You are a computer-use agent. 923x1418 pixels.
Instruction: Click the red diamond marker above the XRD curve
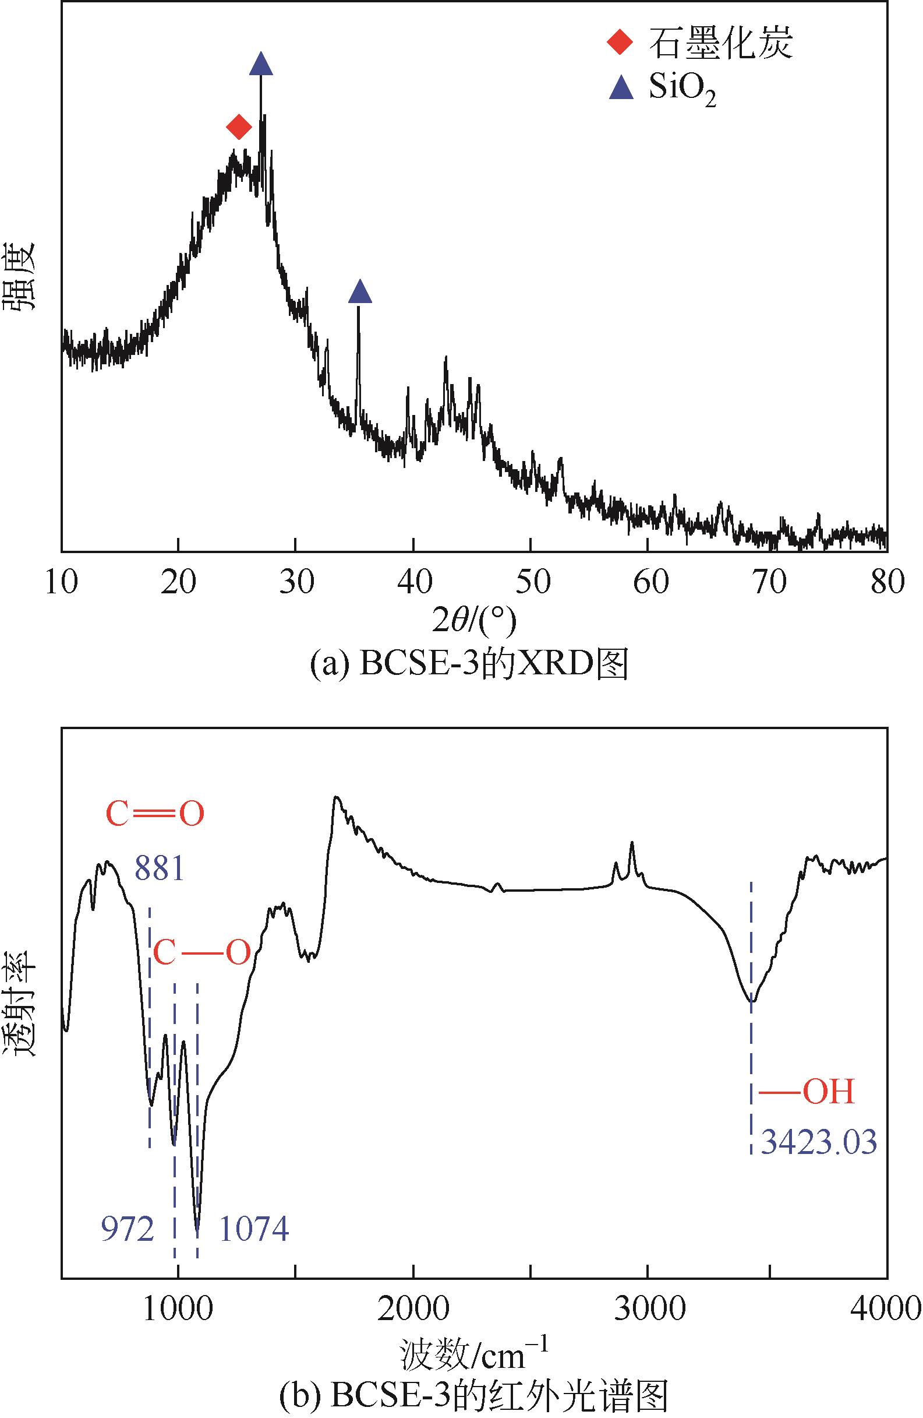click(x=239, y=127)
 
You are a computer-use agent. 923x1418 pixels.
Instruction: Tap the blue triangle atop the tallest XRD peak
click(x=261, y=64)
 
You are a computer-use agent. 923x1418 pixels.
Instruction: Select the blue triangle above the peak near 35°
click(x=360, y=291)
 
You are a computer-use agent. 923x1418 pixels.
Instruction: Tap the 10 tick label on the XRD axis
click(x=61, y=582)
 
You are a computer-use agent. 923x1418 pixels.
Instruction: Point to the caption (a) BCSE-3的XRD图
click(x=469, y=665)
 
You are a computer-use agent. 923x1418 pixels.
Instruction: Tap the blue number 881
click(x=159, y=870)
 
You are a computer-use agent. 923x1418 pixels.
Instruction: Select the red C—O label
click(x=202, y=954)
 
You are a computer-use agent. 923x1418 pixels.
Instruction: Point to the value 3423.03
click(x=819, y=1143)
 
